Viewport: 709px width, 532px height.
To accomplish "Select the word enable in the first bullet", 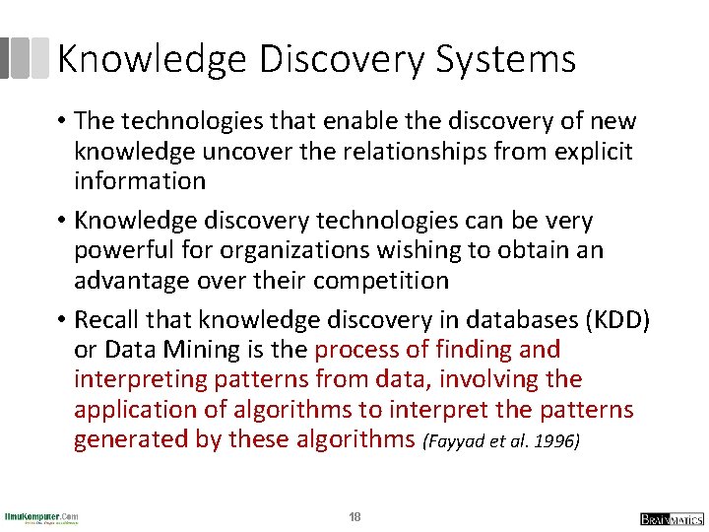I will tap(326, 121).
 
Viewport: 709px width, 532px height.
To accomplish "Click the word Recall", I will tap(111, 319).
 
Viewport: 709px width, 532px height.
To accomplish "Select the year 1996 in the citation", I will tap(557, 441).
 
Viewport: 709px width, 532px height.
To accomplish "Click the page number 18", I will tap(354, 517).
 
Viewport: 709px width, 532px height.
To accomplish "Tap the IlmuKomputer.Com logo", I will tap(41, 517).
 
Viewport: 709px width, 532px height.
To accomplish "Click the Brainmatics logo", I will tap(671, 518).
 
